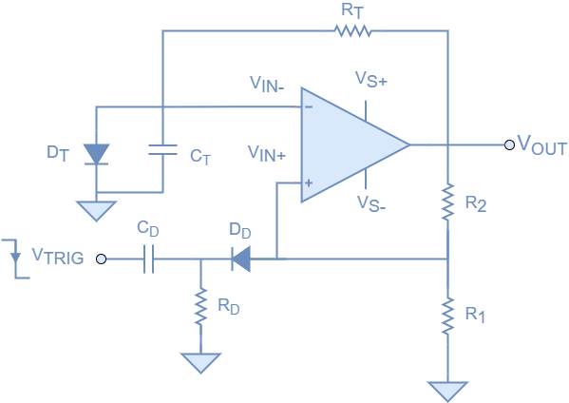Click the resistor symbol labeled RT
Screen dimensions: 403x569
point(352,31)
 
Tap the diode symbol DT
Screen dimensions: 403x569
point(96,153)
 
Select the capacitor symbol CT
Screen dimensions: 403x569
point(162,149)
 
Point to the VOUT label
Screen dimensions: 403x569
point(541,145)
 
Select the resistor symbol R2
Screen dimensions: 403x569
point(446,201)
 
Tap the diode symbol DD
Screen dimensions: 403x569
point(240,258)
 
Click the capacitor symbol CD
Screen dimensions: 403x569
point(148,258)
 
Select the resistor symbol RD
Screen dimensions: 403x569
point(200,307)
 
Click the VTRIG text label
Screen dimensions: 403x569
point(58,256)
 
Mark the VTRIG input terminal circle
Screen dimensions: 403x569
point(102,258)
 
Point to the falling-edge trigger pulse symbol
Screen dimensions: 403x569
point(13,255)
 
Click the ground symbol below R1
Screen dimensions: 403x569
point(446,390)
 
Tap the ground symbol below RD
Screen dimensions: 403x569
point(200,362)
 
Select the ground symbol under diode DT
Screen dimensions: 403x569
point(96,210)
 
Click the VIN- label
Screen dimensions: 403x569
point(267,86)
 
